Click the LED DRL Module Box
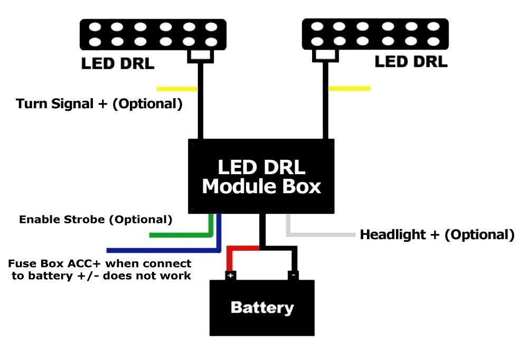click(262, 176)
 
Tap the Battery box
click(262, 308)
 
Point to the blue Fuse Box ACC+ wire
click(158, 250)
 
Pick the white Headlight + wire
click(322, 233)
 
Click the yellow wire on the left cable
click(177, 88)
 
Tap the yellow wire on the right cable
click(349, 88)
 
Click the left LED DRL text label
click(117, 64)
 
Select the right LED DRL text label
click(411, 62)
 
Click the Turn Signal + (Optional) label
click(99, 103)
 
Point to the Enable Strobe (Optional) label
click(96, 219)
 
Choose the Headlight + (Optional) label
click(437, 234)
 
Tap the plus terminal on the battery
click(231, 276)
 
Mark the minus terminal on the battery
click(293, 276)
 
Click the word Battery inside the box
click(262, 308)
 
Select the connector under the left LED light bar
click(200, 55)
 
